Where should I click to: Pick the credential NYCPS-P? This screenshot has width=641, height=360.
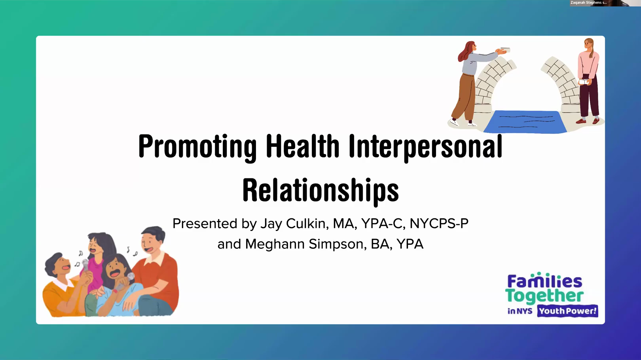(x=439, y=224)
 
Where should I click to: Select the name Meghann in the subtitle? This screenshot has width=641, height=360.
(x=275, y=244)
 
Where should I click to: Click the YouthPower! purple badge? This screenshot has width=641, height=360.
(x=567, y=311)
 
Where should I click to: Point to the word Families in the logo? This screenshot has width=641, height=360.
(x=545, y=280)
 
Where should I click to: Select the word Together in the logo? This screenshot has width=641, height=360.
(x=544, y=296)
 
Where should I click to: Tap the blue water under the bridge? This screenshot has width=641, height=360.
(x=525, y=122)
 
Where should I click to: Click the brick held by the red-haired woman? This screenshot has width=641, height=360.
(x=505, y=50)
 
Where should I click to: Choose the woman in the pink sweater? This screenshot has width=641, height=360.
(x=588, y=81)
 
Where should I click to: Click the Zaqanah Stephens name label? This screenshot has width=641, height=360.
(x=589, y=3)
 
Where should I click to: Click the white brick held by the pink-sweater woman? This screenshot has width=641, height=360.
(x=584, y=82)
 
